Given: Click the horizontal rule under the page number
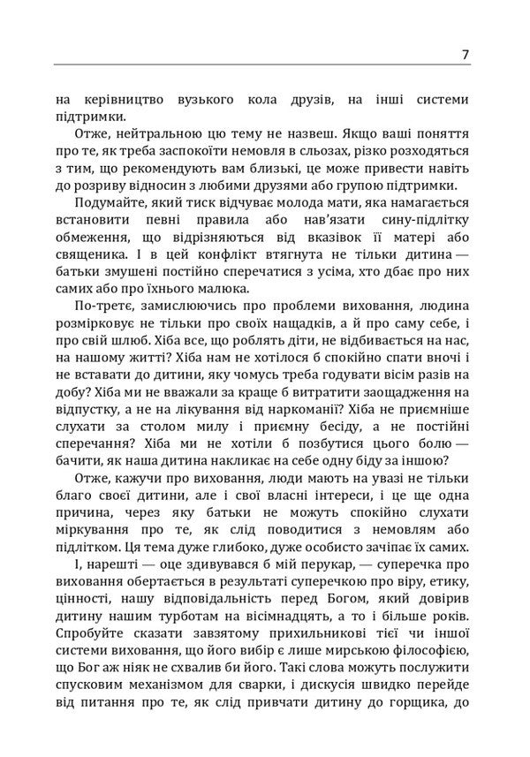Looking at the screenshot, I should click(x=265, y=64).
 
